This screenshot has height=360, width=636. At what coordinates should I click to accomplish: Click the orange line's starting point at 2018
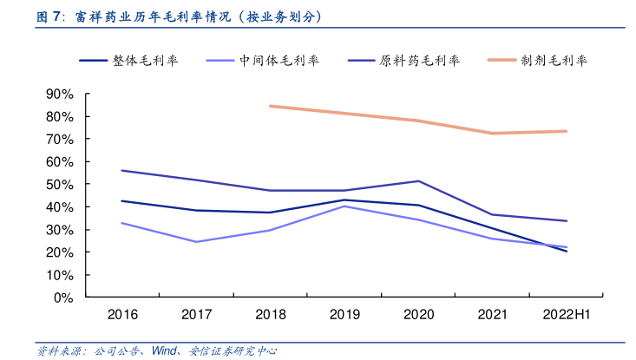coord(270,106)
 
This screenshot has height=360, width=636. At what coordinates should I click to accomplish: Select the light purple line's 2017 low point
coord(196,242)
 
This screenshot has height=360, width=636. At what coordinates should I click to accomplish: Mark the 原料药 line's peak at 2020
coord(418,181)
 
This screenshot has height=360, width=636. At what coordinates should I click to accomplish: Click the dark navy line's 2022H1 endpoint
coord(566,251)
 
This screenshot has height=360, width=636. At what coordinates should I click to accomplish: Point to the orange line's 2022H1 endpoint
coord(566,131)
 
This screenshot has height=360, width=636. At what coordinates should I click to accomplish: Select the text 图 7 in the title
coord(49,16)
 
